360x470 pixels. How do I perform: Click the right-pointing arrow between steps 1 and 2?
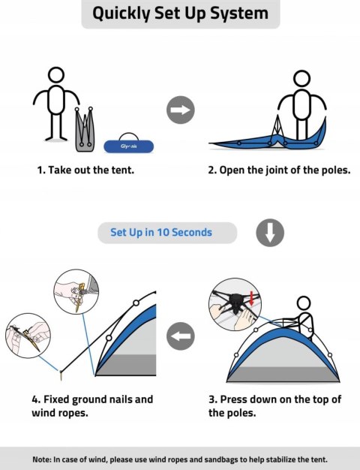click(180, 110)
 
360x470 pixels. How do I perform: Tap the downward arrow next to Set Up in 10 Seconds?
click(270, 233)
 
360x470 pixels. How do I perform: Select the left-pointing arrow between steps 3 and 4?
click(180, 336)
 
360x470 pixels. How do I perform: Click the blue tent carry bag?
click(129, 146)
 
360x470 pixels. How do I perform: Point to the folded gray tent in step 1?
click(85, 129)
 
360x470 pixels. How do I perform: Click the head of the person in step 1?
click(56, 74)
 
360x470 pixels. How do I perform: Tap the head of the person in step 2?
click(301, 79)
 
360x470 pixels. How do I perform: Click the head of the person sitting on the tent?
click(304, 303)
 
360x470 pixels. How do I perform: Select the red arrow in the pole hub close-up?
click(251, 298)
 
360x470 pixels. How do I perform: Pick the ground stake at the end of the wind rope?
click(61, 375)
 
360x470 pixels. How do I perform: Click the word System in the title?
click(239, 14)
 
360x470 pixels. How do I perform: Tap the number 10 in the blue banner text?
click(163, 232)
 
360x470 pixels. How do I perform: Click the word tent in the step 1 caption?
click(122, 170)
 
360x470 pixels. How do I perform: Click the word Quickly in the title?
click(121, 14)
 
